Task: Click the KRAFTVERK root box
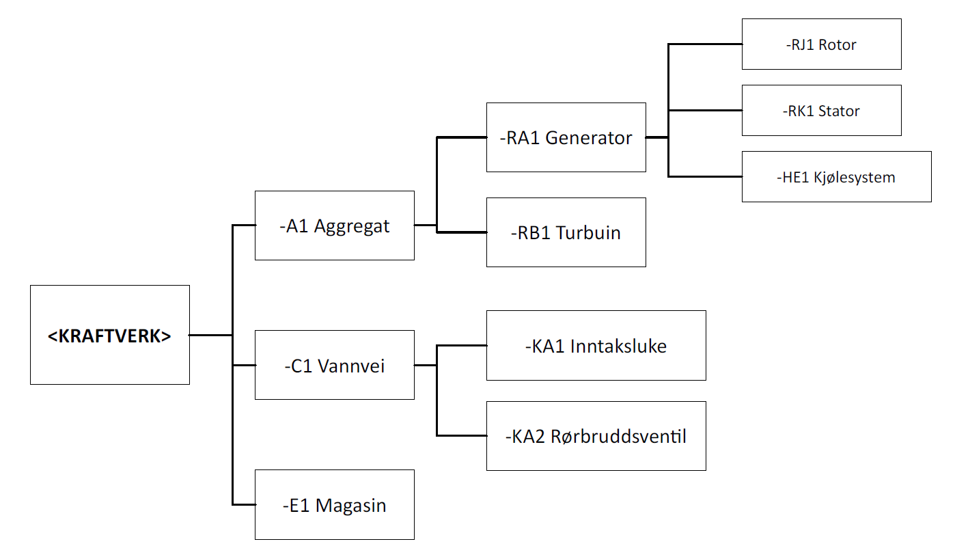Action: (x=110, y=335)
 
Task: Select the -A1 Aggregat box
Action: (x=334, y=226)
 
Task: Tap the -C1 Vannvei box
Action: (x=334, y=365)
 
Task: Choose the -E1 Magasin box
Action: (x=334, y=504)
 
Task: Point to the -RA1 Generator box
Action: (x=566, y=137)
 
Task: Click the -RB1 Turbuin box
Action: (x=566, y=232)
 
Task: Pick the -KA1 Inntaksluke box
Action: (x=596, y=346)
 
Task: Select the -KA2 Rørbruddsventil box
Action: (x=596, y=436)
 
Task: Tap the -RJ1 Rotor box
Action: (x=821, y=44)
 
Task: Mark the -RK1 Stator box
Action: (x=821, y=111)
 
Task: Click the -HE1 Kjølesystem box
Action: (x=836, y=177)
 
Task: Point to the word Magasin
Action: (x=351, y=506)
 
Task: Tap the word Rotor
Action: (x=838, y=45)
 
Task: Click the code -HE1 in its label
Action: (x=792, y=178)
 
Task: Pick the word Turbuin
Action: (x=588, y=233)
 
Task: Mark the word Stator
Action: (x=840, y=111)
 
